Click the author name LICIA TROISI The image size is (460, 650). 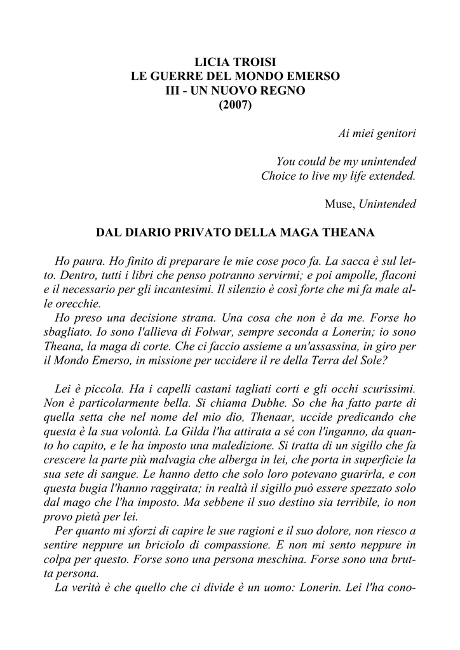point(235,62)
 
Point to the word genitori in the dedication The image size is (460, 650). point(395,134)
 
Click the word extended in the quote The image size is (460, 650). point(391,176)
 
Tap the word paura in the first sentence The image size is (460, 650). point(89,262)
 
